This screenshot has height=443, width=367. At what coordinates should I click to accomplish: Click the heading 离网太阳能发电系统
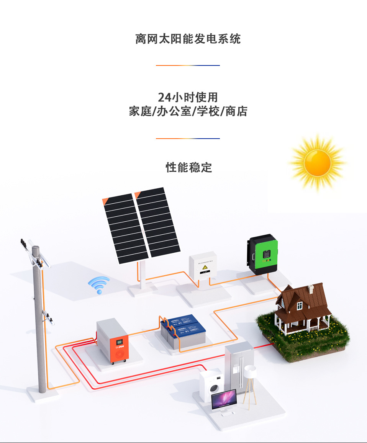pyautogui.click(x=188, y=39)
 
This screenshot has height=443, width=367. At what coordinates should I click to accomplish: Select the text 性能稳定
pyautogui.click(x=188, y=167)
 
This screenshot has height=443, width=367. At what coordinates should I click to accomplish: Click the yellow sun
pyautogui.click(x=317, y=163)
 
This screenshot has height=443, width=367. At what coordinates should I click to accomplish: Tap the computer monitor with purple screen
pyautogui.click(x=224, y=399)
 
